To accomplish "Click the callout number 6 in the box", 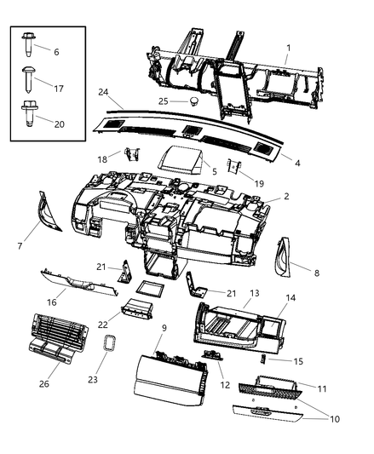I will (56, 52).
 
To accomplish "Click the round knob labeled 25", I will (193, 101).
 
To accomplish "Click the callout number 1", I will (287, 47).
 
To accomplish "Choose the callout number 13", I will (254, 292).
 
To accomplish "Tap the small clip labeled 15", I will (263, 360).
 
